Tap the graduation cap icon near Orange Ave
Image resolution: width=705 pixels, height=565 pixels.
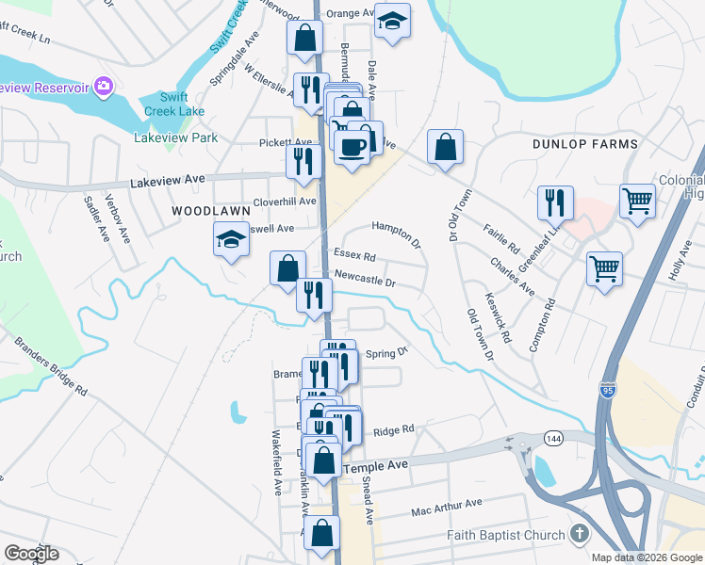tap(392, 20)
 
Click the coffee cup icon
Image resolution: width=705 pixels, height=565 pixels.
tap(352, 147)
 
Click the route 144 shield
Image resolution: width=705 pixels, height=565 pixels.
tap(550, 439)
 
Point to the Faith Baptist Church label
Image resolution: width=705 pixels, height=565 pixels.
tap(505, 534)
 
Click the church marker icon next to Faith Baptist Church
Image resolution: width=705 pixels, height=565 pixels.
tap(579, 534)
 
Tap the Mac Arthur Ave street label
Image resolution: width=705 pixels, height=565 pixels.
tap(447, 508)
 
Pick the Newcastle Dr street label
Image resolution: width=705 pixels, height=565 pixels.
tap(364, 280)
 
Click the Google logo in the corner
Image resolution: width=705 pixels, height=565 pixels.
tap(31, 554)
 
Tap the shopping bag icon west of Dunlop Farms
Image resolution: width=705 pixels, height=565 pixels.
tap(446, 147)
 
